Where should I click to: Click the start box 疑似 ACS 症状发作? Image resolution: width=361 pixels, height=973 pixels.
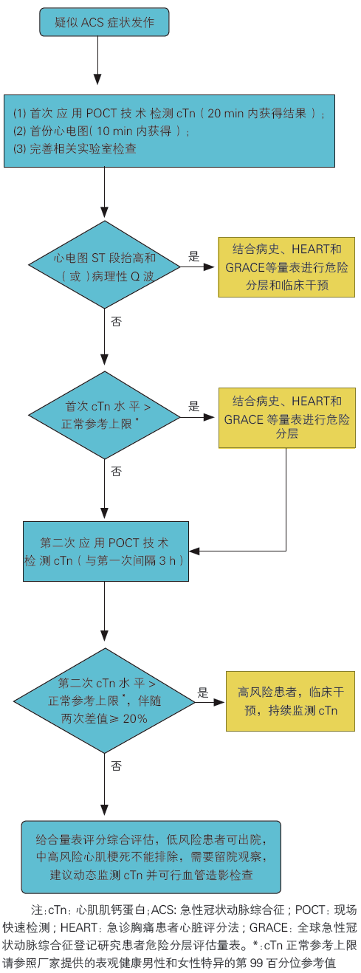104,22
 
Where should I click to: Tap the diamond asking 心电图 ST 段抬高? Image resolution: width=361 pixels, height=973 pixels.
104,264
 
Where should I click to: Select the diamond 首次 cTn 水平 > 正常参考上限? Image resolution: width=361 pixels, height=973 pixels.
104,416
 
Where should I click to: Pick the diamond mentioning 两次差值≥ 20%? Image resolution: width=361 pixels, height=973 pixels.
104,701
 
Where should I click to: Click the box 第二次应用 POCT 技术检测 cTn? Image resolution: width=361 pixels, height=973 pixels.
106,551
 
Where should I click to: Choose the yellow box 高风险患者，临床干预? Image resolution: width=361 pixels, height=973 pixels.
290,701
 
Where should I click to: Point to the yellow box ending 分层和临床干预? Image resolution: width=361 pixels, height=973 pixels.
286,267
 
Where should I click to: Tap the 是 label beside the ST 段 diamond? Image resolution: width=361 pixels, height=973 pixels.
193,256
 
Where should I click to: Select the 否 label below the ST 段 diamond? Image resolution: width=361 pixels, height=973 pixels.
116,321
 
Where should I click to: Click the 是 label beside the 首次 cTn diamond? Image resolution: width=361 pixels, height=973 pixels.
193,406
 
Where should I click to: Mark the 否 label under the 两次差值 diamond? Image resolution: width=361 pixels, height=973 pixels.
116,766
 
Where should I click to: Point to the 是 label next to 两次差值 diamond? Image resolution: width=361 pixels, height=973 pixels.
203,692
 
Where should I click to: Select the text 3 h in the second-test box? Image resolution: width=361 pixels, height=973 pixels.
168,561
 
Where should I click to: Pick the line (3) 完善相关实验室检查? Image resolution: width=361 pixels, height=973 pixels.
75,149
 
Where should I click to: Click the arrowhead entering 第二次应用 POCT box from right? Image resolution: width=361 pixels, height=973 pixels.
194,551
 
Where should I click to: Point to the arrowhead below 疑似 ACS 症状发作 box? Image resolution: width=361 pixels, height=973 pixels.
97,79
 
